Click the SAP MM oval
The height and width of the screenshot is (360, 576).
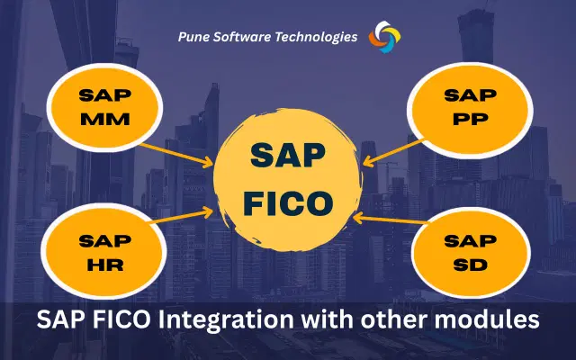click(x=103, y=106)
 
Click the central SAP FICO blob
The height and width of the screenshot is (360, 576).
click(x=287, y=176)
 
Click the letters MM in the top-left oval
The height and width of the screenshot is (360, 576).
click(x=103, y=119)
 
